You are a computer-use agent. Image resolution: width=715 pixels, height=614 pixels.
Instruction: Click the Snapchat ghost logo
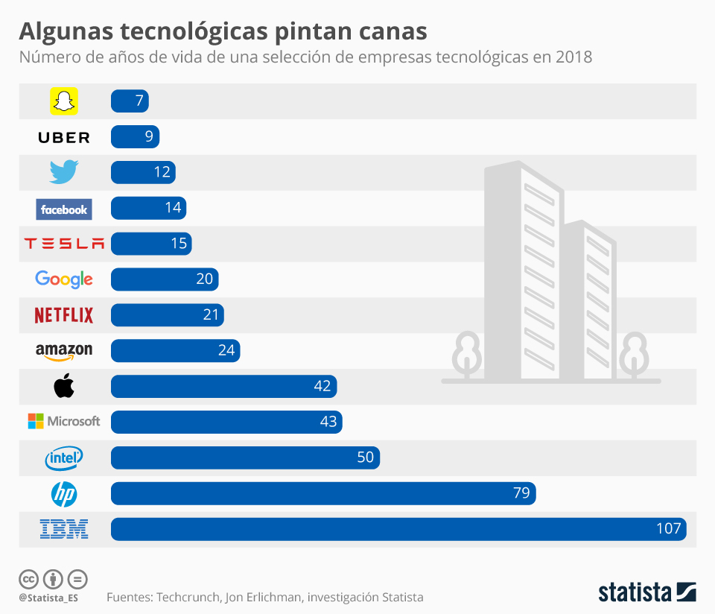[x=64, y=101]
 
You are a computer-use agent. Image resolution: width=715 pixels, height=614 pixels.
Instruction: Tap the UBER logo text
[x=64, y=137]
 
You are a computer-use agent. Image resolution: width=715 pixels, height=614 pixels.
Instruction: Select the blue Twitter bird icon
[x=64, y=172]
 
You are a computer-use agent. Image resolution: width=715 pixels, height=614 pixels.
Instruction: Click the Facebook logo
[x=64, y=209]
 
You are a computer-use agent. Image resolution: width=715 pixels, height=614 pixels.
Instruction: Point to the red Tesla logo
[x=64, y=244]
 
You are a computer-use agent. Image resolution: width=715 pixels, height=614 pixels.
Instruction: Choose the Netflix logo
[x=64, y=315]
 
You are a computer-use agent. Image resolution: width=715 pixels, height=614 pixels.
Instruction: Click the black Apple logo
[x=64, y=386]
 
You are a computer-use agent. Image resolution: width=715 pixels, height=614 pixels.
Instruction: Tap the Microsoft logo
[x=64, y=421]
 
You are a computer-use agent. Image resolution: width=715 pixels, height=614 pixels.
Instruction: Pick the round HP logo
[x=64, y=493]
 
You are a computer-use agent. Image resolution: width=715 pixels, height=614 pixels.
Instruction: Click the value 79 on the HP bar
[x=521, y=493]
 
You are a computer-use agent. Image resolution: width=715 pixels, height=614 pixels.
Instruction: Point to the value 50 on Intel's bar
[x=365, y=458]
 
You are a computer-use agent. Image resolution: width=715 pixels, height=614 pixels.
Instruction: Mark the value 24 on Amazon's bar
[x=226, y=350]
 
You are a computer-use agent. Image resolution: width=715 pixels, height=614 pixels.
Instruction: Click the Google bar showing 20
[x=165, y=279]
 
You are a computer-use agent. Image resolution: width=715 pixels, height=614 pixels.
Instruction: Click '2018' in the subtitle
[x=573, y=57]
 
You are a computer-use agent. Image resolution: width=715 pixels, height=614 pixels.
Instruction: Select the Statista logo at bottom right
[x=647, y=592]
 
